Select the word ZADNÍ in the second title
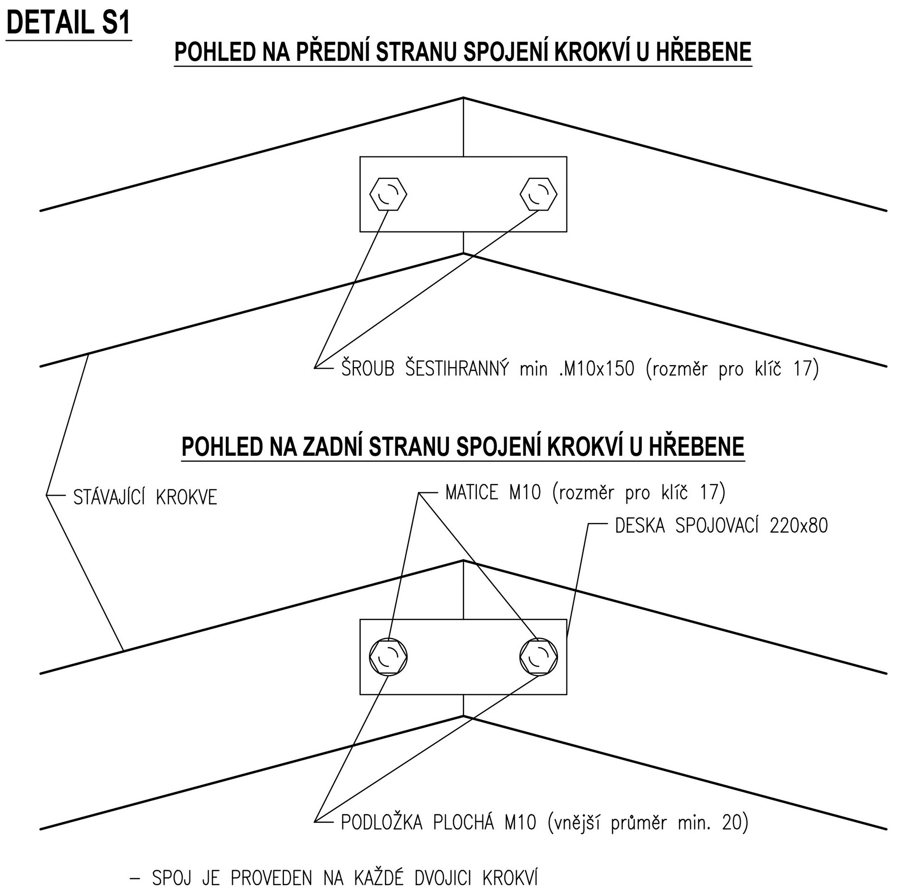tap(332, 446)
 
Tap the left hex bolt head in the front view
tap(388, 194)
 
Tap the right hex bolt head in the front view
tap(539, 194)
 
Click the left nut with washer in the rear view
tap(388, 657)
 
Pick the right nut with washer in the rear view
tap(539, 657)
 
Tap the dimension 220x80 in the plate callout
tap(799, 526)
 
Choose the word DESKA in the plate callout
tap(640, 526)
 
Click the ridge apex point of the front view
tap(463, 98)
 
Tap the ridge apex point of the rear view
tap(463, 560)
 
